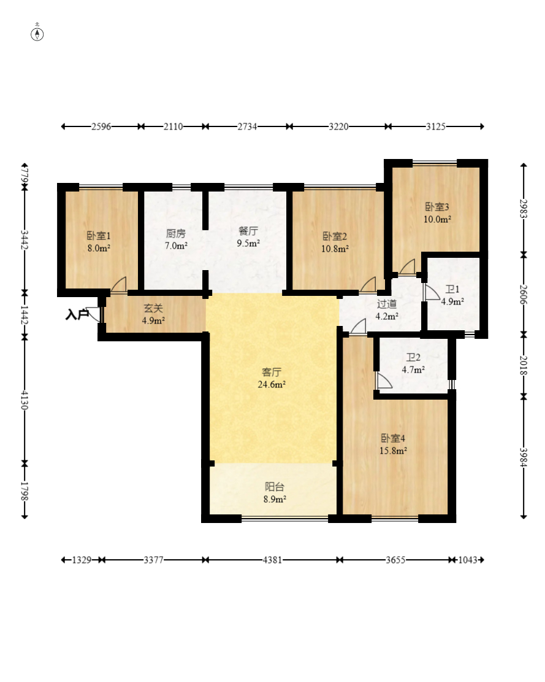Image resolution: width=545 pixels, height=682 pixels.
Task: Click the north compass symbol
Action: point(37,34)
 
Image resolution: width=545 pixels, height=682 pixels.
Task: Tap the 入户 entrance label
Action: point(77,314)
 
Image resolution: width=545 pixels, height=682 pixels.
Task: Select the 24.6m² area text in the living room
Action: point(272,384)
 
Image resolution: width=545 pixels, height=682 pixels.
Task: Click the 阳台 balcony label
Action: point(275,487)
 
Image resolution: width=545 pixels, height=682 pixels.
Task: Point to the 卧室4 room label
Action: point(393,438)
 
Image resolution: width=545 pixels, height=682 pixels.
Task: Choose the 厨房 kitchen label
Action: point(176,233)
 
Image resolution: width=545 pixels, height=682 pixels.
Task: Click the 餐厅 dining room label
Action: point(248,231)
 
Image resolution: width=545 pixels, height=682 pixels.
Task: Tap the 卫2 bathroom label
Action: point(413,357)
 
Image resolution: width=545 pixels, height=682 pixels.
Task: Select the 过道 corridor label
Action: point(386,304)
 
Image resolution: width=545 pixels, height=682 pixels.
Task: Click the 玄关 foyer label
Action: point(153,308)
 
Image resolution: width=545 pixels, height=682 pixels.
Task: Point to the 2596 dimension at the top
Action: point(101,126)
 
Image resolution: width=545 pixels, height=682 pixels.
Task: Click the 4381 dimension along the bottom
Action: point(272,560)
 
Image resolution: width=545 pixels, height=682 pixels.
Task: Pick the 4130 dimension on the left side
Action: point(25,400)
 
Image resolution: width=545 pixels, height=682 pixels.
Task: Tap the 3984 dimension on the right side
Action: point(524,457)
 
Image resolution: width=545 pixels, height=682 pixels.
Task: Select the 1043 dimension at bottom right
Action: point(468,560)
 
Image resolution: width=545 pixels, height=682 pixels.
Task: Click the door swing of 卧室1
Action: point(118,284)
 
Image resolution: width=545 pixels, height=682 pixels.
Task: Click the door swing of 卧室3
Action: point(407,266)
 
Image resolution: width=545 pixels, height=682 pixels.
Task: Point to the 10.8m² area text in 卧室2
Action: point(335,249)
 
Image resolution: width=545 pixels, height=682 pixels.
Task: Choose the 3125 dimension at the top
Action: point(435,126)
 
